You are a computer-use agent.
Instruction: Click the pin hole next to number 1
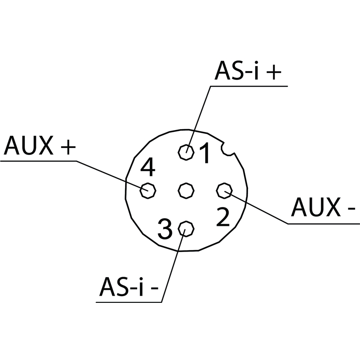pyautogui.click(x=186, y=152)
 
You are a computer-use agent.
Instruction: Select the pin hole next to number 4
pyautogui.click(x=147, y=190)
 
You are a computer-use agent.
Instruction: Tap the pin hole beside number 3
pyautogui.click(x=185, y=229)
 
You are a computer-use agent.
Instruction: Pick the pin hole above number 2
pyautogui.click(x=223, y=191)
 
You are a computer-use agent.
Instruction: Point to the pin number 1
pyautogui.click(x=205, y=153)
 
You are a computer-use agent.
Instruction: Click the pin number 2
pyautogui.click(x=223, y=217)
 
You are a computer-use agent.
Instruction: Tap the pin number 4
pyautogui.click(x=148, y=168)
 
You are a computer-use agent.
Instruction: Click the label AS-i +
pyautogui.click(x=247, y=71)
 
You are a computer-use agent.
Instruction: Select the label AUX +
pyautogui.click(x=39, y=146)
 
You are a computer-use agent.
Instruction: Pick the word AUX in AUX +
pyautogui.click(x=28, y=146)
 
